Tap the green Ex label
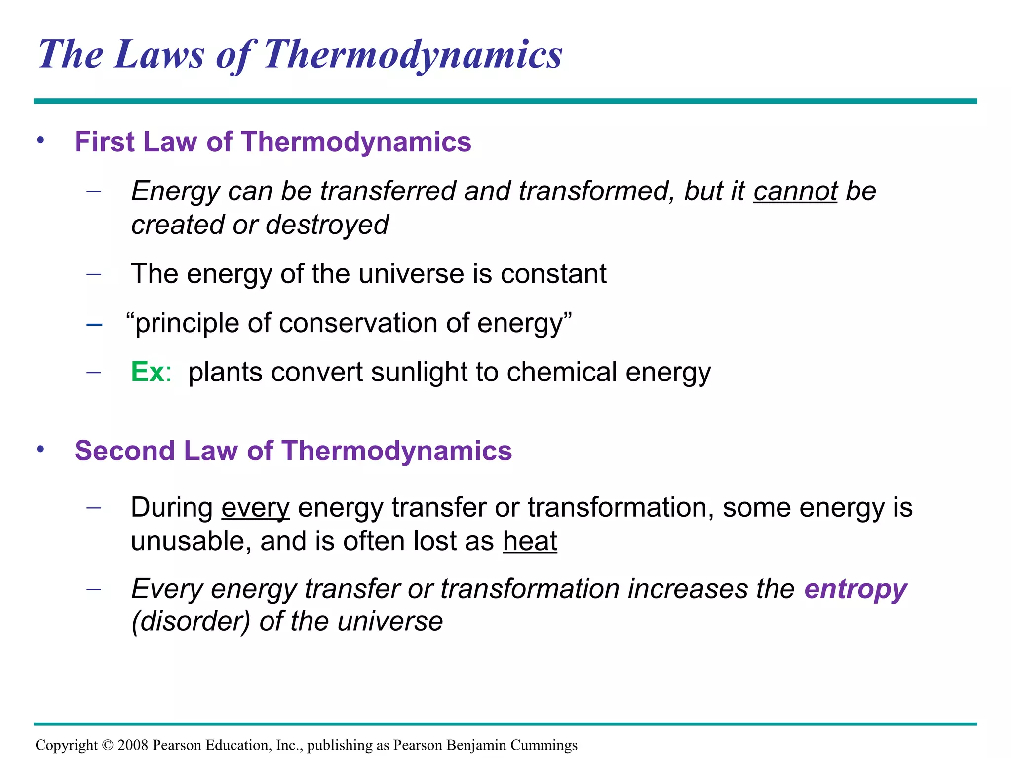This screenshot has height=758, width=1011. (147, 372)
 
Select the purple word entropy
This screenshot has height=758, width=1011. (855, 589)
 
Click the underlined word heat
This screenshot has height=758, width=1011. (530, 541)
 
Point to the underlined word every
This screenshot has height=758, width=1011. (255, 508)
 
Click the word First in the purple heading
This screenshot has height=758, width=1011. (104, 142)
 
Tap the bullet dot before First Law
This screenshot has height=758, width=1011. (40, 141)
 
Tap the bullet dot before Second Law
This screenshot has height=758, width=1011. (40, 450)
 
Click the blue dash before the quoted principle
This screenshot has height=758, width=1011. (94, 325)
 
